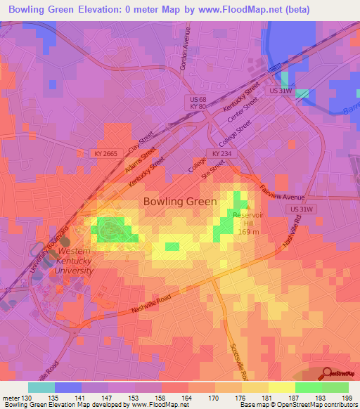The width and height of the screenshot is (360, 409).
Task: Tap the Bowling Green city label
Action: click(175, 201)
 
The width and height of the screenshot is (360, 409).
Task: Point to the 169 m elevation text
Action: click(249, 233)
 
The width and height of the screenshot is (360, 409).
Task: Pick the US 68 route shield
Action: click(198, 100)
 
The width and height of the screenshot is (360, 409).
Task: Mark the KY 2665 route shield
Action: click(105, 152)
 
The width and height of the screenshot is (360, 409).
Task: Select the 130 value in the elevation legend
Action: click(27, 398)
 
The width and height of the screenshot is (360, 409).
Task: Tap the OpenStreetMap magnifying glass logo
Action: click(326, 375)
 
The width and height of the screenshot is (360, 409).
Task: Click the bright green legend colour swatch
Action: click(309, 387)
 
